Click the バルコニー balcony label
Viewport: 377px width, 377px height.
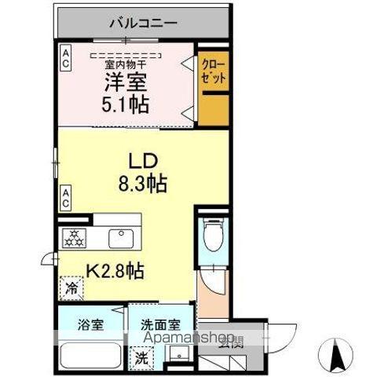click(142, 22)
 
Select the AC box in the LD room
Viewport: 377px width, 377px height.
click(67, 196)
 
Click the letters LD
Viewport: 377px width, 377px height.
click(144, 161)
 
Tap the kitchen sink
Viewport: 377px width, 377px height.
click(121, 236)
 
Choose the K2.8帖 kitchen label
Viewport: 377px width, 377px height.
click(114, 272)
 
